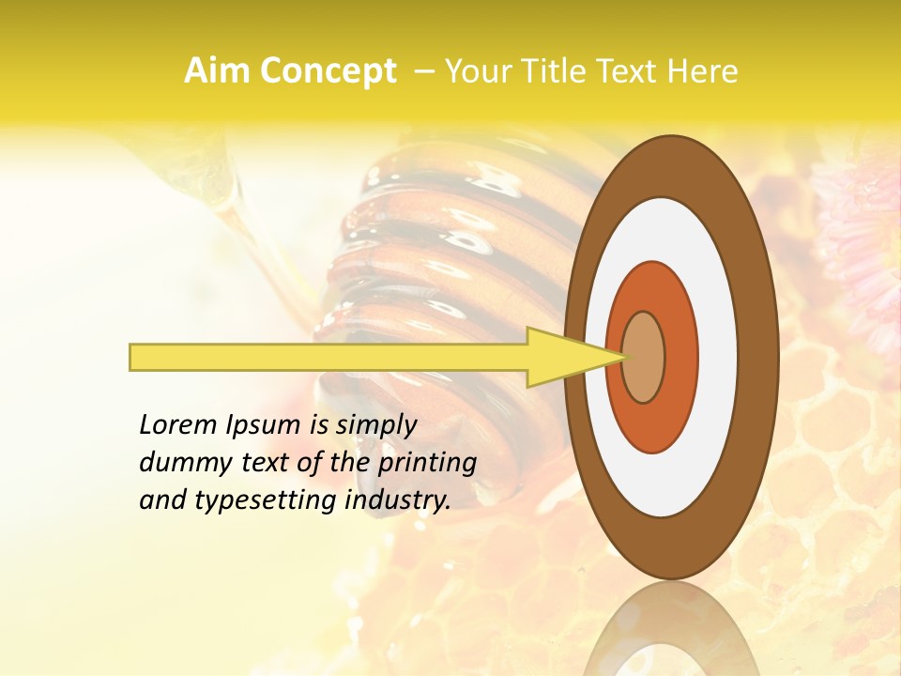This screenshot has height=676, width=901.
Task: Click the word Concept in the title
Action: [x=329, y=72]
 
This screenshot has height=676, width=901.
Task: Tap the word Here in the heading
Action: [x=704, y=71]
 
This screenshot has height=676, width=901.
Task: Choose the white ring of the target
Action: [x=718, y=358]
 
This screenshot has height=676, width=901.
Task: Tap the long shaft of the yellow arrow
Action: [x=328, y=358]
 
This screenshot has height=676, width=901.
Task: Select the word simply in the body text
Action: [x=375, y=425]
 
